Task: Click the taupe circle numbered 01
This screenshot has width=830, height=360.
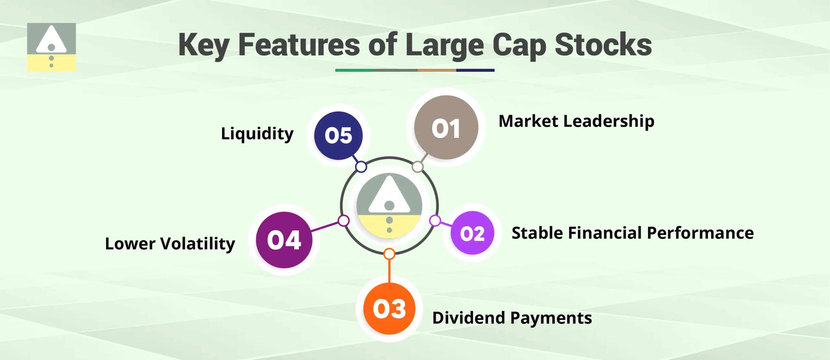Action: [x=446, y=127]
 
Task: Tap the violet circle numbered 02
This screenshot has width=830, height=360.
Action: [x=472, y=233]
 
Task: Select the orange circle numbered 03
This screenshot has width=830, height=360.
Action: [x=389, y=308]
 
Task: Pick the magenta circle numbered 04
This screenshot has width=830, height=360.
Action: [x=284, y=240]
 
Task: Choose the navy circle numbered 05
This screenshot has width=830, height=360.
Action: [x=338, y=135]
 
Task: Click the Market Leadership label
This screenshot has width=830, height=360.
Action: [x=576, y=121]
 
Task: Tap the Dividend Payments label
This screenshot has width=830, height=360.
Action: [x=512, y=318]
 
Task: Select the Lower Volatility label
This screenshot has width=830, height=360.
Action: [x=170, y=244]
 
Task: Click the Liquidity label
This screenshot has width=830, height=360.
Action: [x=257, y=134]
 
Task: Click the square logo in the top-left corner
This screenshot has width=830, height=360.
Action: [x=51, y=47]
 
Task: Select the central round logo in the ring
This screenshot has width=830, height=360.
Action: [x=389, y=206]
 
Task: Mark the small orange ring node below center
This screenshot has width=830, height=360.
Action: [x=389, y=254]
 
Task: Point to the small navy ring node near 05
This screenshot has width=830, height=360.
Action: [x=361, y=167]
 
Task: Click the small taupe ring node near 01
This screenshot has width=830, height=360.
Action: [x=418, y=167]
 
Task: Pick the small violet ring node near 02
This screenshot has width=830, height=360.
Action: [x=435, y=221]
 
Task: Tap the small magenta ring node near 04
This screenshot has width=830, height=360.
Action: [x=343, y=221]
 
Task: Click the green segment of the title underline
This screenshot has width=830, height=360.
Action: [x=354, y=70]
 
